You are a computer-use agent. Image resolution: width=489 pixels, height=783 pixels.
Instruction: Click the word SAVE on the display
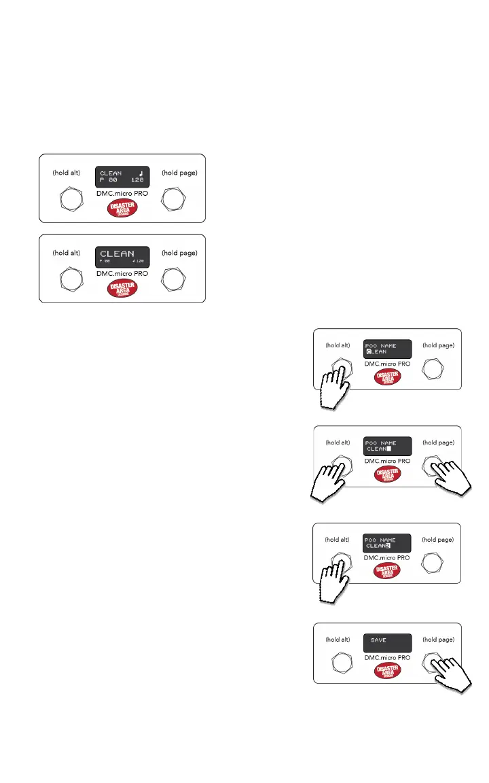(378, 640)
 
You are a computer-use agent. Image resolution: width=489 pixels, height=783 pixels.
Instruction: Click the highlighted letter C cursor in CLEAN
(369, 352)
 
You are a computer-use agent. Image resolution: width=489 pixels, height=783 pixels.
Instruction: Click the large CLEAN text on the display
(117, 254)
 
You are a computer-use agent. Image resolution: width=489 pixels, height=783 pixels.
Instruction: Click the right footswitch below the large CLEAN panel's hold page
(175, 279)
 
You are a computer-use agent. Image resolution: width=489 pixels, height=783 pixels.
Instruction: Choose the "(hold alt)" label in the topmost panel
(67, 173)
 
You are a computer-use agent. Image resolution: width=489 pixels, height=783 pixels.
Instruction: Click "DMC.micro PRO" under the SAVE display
(387, 657)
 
